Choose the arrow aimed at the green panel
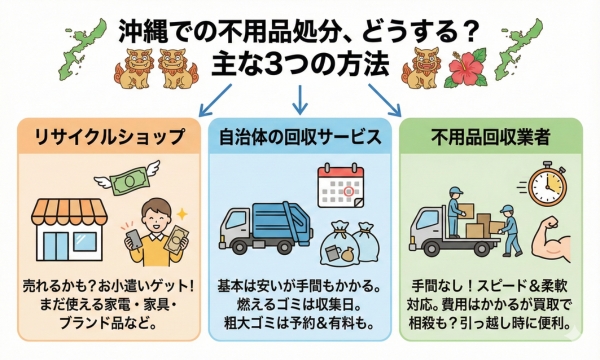pos(384,100)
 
